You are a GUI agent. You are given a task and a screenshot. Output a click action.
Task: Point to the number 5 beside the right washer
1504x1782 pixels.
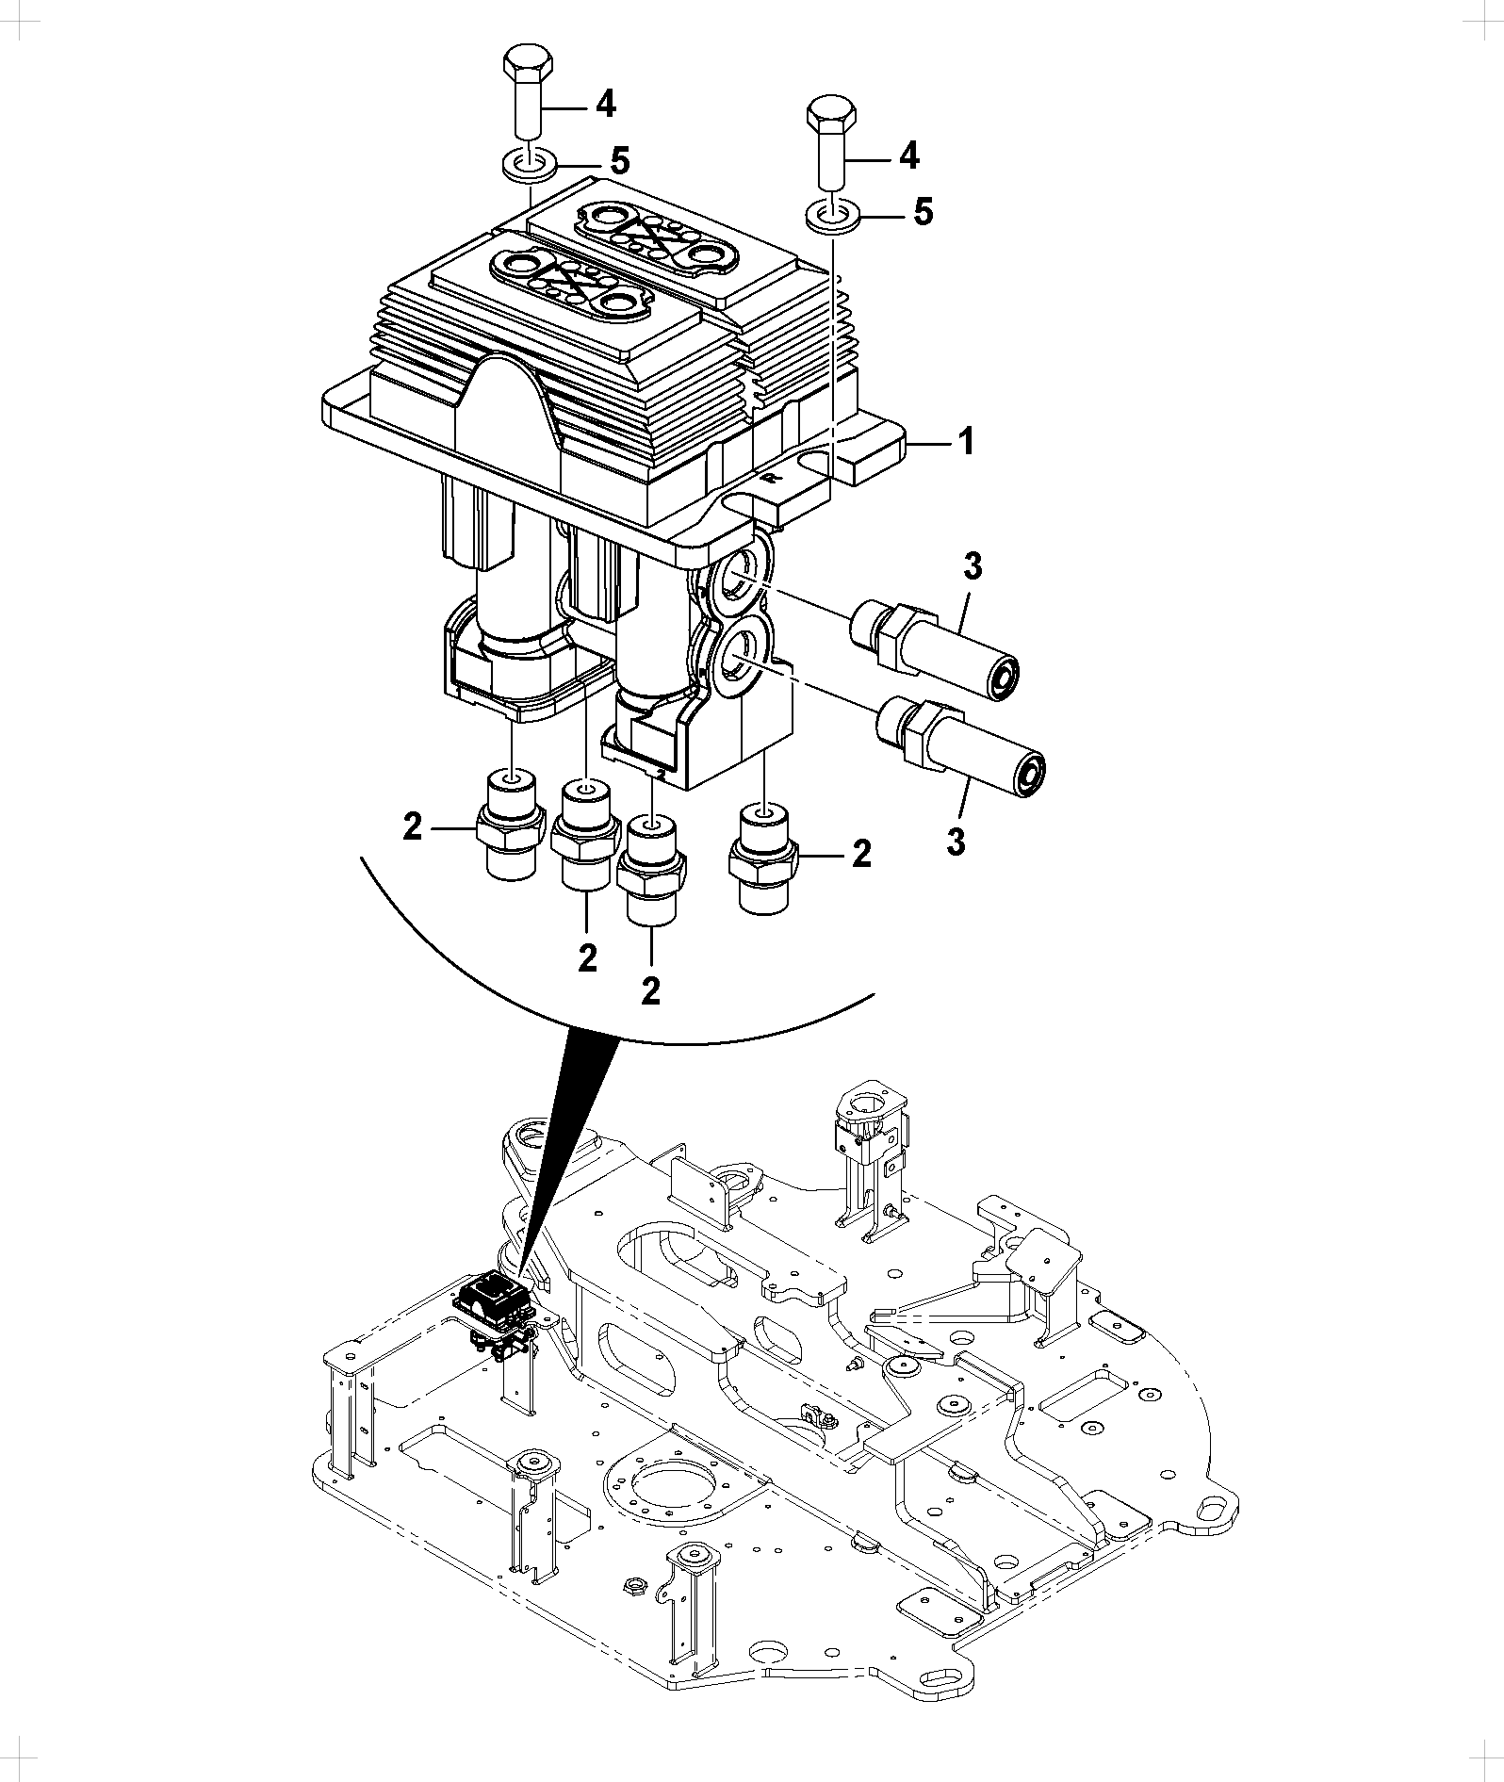(924, 212)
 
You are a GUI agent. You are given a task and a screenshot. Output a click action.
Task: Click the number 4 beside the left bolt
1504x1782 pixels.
(606, 104)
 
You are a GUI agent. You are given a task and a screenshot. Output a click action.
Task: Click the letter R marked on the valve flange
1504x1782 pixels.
(770, 478)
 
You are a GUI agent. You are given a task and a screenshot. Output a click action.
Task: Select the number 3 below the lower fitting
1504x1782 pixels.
(956, 842)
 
